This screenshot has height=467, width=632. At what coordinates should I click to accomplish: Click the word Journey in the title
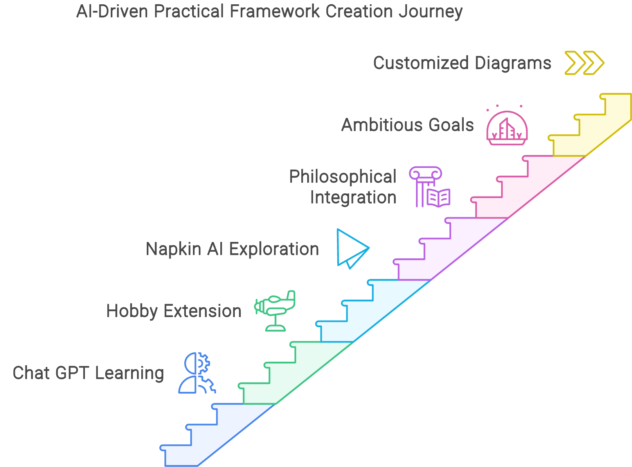(430, 12)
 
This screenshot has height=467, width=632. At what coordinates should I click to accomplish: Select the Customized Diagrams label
(462, 63)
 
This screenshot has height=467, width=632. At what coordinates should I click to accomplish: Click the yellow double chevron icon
(584, 63)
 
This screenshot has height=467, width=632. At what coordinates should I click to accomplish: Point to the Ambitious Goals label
(407, 125)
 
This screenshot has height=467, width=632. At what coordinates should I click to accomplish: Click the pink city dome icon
(507, 128)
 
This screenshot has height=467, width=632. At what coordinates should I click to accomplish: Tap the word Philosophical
(342, 177)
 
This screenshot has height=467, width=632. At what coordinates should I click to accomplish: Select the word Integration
(353, 197)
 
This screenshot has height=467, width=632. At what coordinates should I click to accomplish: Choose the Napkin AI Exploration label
(232, 249)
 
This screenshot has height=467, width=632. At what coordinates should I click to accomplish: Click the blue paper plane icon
(351, 249)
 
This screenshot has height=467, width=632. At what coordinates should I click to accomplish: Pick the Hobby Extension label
(174, 311)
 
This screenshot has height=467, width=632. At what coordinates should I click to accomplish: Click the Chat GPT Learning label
(88, 373)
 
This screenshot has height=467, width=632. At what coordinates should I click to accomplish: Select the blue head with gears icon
(196, 373)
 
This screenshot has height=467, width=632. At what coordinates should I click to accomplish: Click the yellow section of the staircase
(591, 129)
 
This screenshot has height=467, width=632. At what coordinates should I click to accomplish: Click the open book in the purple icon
(438, 198)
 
